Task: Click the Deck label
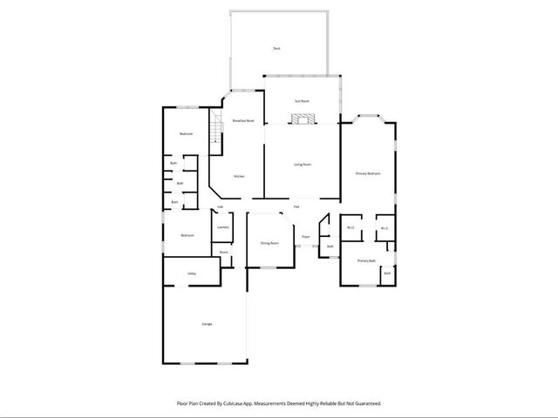[x=276, y=48]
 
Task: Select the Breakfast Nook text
[x=243, y=120]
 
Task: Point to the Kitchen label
[x=239, y=176]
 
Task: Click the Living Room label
[x=302, y=164]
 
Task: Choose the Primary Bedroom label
[x=368, y=174]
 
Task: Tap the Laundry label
[x=223, y=227]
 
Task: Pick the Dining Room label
[x=269, y=243]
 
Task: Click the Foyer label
[x=307, y=236]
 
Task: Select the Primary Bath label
[x=366, y=260]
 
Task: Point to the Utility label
[x=192, y=273]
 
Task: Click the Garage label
[x=208, y=324]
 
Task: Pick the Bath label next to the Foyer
[x=330, y=246]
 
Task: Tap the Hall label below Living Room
[x=296, y=206]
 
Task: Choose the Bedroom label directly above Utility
[x=187, y=235]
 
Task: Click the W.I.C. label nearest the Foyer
[x=350, y=228]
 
